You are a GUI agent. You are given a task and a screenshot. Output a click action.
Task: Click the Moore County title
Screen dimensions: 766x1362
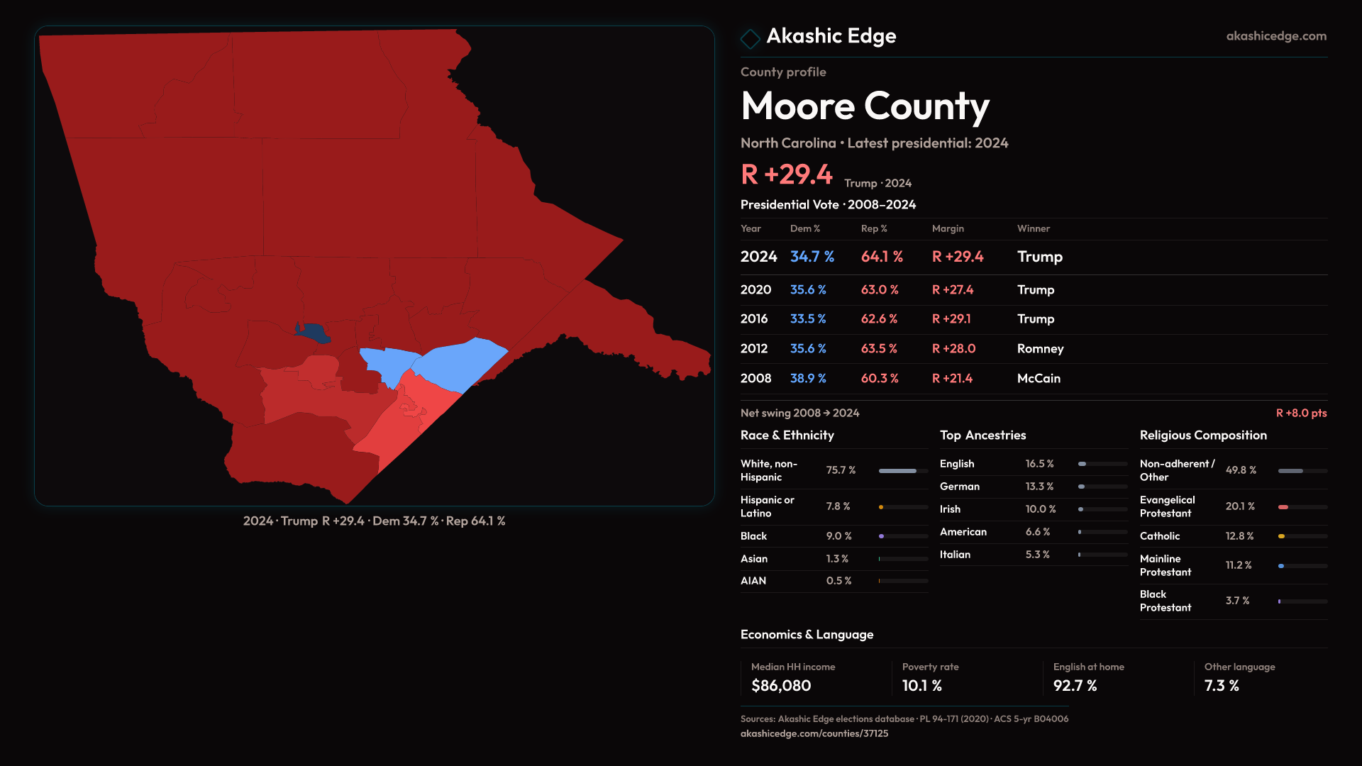(865, 106)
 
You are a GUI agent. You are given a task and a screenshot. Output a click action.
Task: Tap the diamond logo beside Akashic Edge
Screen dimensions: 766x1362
(750, 38)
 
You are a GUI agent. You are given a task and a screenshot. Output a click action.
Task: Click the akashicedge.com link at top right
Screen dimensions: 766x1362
(1276, 36)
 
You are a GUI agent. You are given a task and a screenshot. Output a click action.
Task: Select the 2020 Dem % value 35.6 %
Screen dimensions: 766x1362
(808, 290)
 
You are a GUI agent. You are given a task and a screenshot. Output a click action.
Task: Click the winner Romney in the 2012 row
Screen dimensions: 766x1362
(1040, 349)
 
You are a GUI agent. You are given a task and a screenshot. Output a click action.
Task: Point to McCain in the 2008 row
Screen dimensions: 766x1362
(1039, 379)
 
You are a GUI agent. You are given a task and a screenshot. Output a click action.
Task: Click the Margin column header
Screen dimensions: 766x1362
(948, 228)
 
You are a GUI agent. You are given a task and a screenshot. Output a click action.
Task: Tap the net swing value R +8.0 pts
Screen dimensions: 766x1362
(1301, 413)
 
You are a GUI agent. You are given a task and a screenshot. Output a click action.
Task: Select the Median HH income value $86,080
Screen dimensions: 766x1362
(781, 686)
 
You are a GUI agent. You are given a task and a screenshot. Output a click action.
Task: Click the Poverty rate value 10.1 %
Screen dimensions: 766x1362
(922, 686)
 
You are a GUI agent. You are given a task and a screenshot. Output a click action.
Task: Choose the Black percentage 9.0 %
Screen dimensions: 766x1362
(838, 536)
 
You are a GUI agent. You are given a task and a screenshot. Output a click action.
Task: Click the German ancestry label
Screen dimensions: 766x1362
(960, 487)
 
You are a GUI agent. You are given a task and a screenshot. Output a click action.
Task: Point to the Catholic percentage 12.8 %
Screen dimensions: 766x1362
(1239, 536)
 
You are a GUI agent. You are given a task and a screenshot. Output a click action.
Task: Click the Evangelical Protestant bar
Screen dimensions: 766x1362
(1302, 507)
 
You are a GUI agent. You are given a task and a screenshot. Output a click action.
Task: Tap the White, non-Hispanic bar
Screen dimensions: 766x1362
(903, 471)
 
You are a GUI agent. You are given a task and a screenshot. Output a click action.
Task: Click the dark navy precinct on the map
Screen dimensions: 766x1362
(313, 332)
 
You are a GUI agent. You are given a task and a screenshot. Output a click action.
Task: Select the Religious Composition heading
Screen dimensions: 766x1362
(1203, 435)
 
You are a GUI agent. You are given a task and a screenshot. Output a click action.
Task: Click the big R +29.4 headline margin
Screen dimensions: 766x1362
(787, 174)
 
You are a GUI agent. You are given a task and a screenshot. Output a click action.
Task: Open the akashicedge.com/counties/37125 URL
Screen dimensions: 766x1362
(814, 734)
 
